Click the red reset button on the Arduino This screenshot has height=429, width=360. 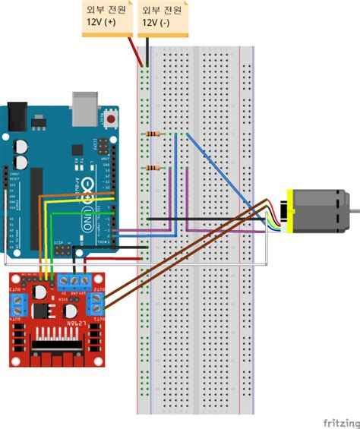[112, 119]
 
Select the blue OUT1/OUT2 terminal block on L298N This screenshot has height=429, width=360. [15, 306]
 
